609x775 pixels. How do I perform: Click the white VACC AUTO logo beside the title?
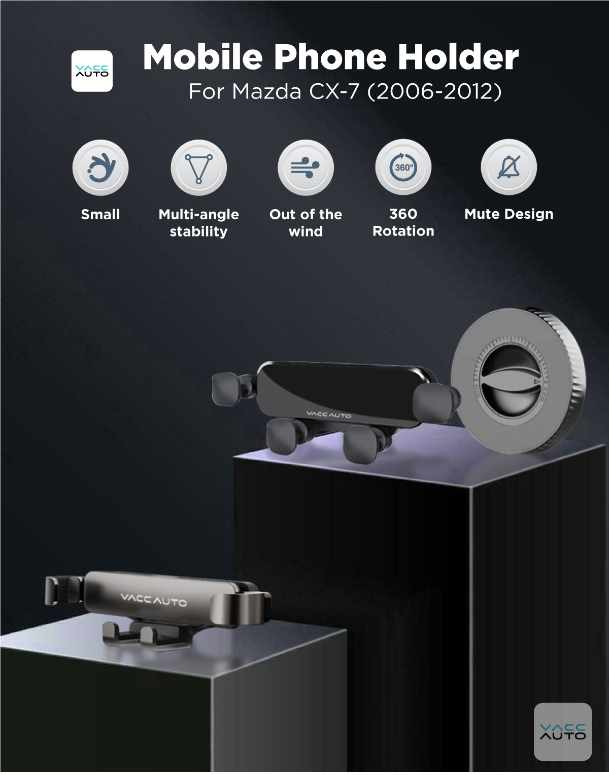92,71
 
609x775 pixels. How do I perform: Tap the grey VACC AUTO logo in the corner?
563,731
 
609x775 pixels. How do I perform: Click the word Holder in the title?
458,57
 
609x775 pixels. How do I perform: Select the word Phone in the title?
330,57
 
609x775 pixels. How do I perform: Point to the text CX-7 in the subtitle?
334,91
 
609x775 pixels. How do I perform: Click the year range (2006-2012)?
434,92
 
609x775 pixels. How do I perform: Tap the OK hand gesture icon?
100,167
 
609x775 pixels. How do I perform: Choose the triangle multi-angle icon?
198,167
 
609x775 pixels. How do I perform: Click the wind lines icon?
306,167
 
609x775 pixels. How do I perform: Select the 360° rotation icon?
403,167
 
